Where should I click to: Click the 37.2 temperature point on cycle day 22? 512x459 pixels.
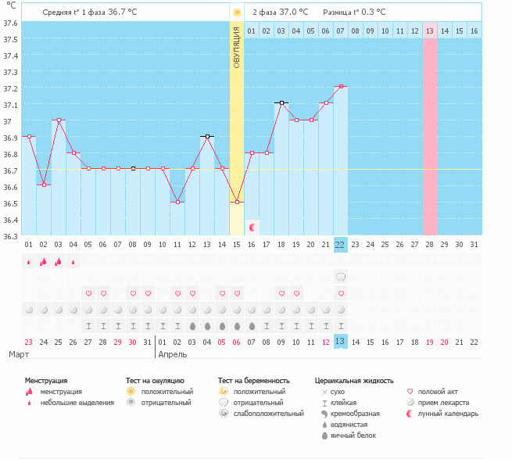pos(341,87)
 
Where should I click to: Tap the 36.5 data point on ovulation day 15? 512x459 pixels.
pos(237,203)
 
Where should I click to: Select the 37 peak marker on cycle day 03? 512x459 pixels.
pos(59,120)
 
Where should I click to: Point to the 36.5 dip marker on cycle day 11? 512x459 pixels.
pos(177,203)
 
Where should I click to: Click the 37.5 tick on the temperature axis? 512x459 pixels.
pos(10,39)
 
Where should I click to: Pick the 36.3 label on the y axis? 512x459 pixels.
pos(10,236)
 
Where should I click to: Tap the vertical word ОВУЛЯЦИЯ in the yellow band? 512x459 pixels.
pos(237,48)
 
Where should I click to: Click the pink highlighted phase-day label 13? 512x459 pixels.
pos(430,31)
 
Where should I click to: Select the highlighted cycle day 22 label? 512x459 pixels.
pos(340,245)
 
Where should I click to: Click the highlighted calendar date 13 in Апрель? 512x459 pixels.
pos(340,342)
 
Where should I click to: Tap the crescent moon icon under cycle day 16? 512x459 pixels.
pos(252,228)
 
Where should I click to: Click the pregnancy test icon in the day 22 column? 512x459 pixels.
pos(341,278)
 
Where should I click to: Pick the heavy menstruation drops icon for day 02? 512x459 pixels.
pos(44,261)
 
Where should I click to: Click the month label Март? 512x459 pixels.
pos(19,354)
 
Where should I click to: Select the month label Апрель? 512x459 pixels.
pos(173,354)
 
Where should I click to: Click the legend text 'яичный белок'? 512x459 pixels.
pos(353,436)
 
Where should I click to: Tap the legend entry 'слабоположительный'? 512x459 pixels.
pos(268,414)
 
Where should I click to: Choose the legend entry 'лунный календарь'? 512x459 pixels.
pos(448,414)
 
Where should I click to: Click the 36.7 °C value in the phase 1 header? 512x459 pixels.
pos(123,12)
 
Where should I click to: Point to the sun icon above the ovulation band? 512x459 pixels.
pos(237,13)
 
